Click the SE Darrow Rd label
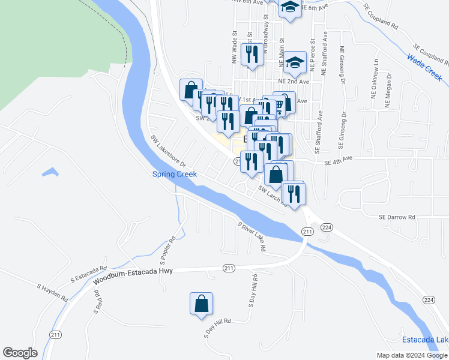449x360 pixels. click(x=397, y=217)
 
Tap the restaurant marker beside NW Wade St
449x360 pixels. click(x=252, y=54)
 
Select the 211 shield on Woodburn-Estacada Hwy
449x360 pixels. click(x=228, y=268)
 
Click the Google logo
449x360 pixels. click(x=20, y=353)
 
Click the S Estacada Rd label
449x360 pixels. click(x=88, y=275)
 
